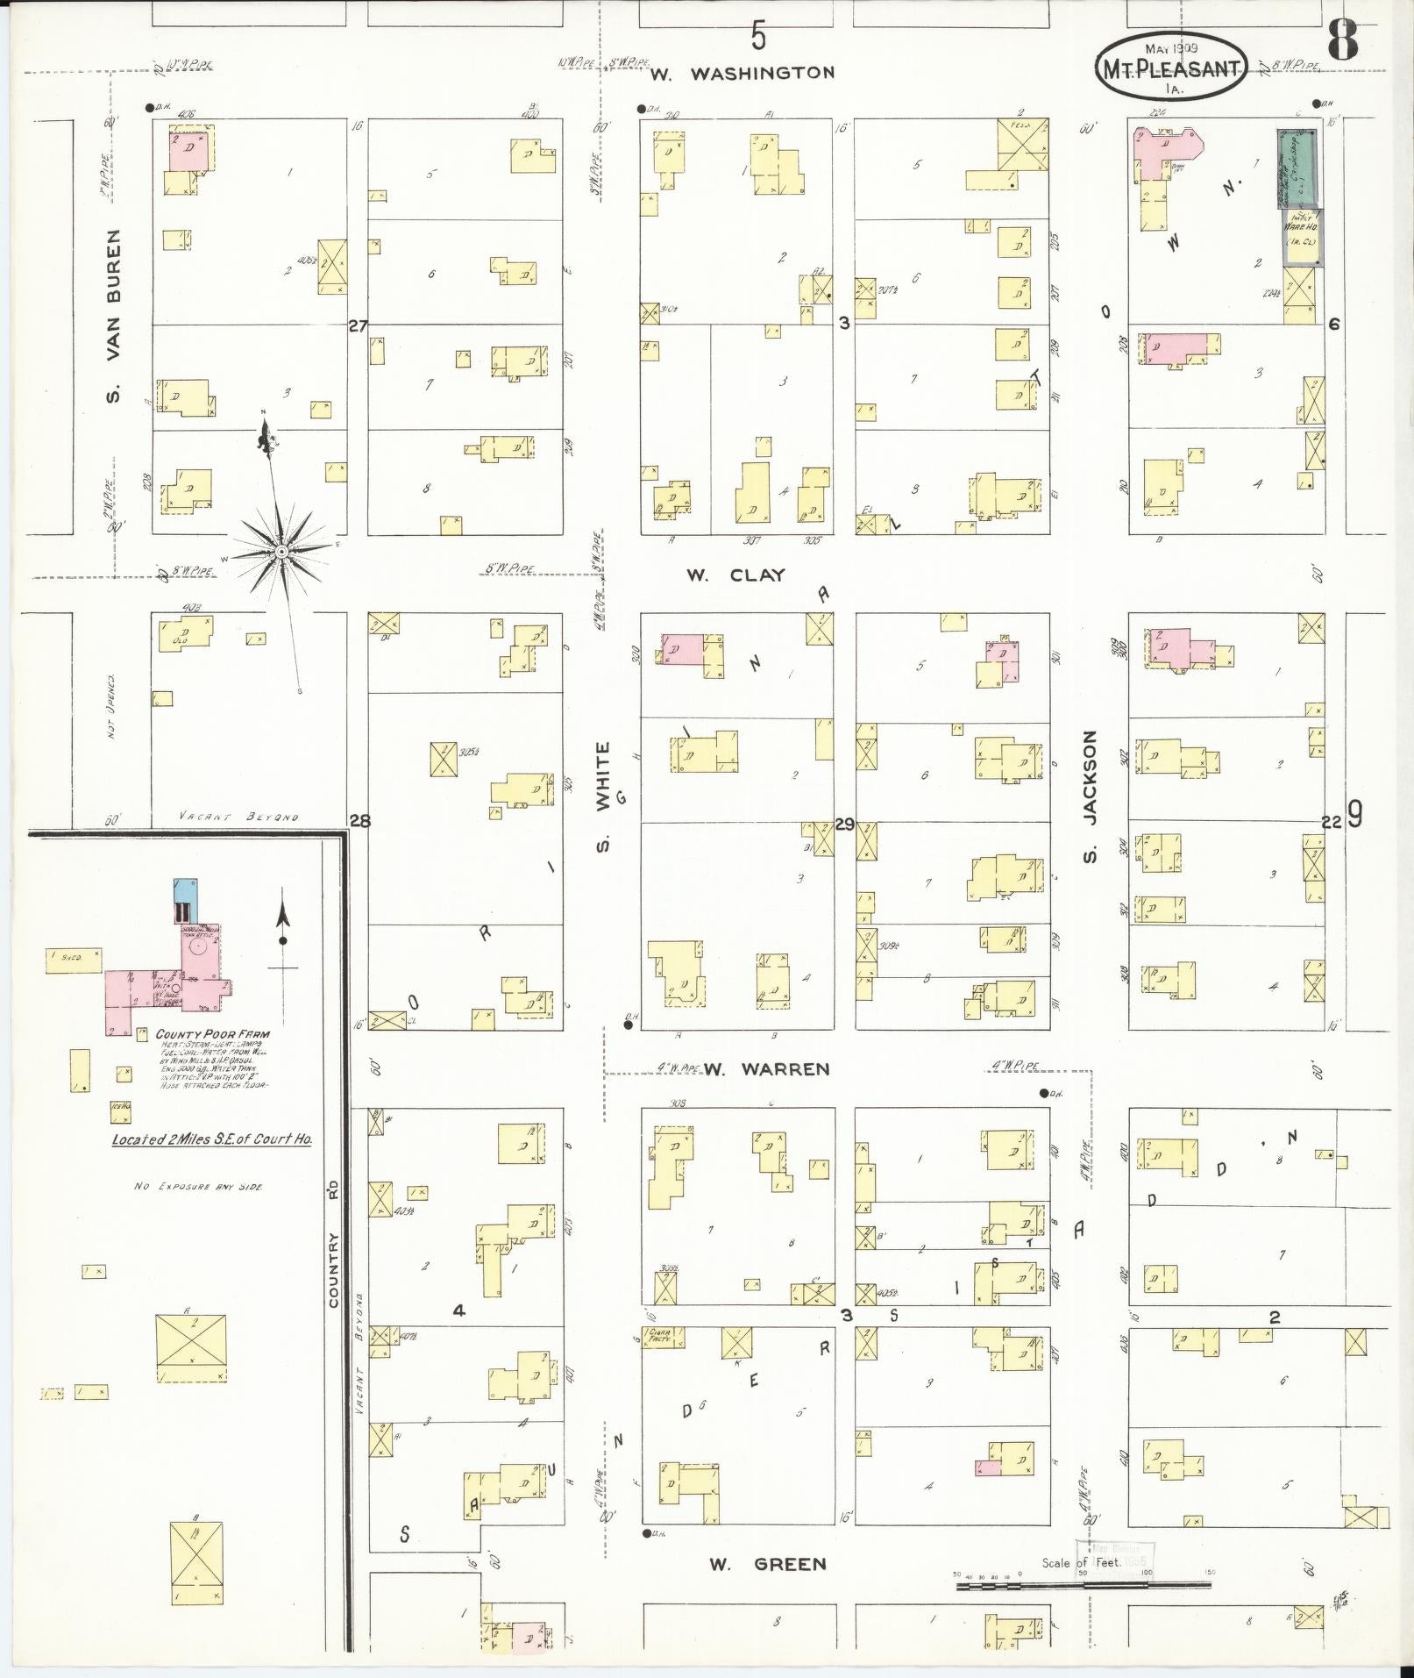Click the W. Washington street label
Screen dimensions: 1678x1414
(x=743, y=74)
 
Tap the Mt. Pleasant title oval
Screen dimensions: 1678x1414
(x=1170, y=67)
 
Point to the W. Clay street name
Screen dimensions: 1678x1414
(x=735, y=575)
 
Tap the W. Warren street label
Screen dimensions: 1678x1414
(x=767, y=1069)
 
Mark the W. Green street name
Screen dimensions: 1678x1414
(x=767, y=1563)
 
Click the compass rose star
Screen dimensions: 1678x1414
(x=281, y=551)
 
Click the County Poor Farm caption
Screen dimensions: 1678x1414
(x=213, y=1034)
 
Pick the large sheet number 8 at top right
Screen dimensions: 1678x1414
(x=1341, y=41)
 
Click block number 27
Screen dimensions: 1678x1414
(x=358, y=325)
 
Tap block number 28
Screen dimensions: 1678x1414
(x=359, y=821)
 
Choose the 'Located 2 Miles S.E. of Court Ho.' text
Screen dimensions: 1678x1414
(x=212, y=1139)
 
